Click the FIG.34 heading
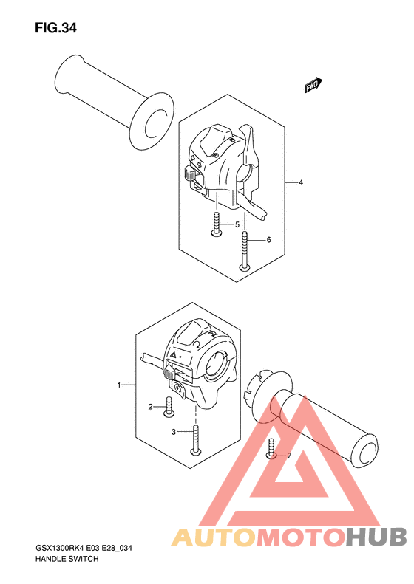point(55,28)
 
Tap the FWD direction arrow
point(313,85)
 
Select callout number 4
point(301,182)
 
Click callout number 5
point(237,224)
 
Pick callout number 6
point(268,240)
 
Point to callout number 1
point(119,385)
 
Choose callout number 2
point(150,407)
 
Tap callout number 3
point(174,432)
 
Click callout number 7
point(288,456)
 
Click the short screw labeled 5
point(217,224)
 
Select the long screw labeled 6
point(244,250)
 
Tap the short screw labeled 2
point(169,406)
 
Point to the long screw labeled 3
point(196,440)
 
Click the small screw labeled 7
point(271,448)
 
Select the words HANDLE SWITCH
point(67,559)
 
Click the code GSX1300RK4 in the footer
point(60,549)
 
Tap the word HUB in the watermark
point(376,537)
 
